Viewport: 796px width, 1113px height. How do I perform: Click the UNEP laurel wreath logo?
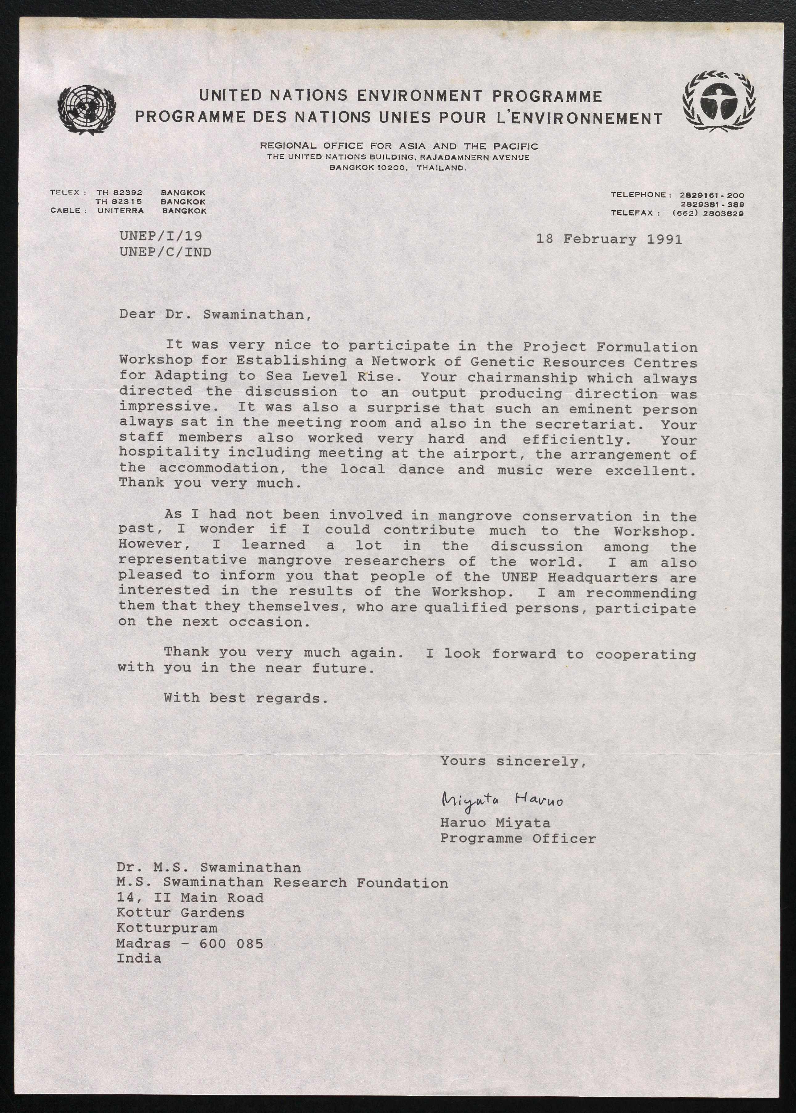click(x=719, y=101)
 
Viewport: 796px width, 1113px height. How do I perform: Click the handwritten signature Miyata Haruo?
click(x=502, y=800)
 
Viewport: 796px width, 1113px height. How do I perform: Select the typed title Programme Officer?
click(x=518, y=838)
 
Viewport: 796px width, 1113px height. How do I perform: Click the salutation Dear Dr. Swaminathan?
click(x=215, y=314)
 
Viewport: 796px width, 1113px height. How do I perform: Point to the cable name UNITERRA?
click(x=120, y=211)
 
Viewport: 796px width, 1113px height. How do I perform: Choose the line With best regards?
click(x=246, y=698)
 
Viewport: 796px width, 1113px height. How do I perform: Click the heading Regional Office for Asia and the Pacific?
click(x=398, y=145)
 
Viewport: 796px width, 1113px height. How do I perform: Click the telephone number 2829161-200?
click(x=712, y=195)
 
